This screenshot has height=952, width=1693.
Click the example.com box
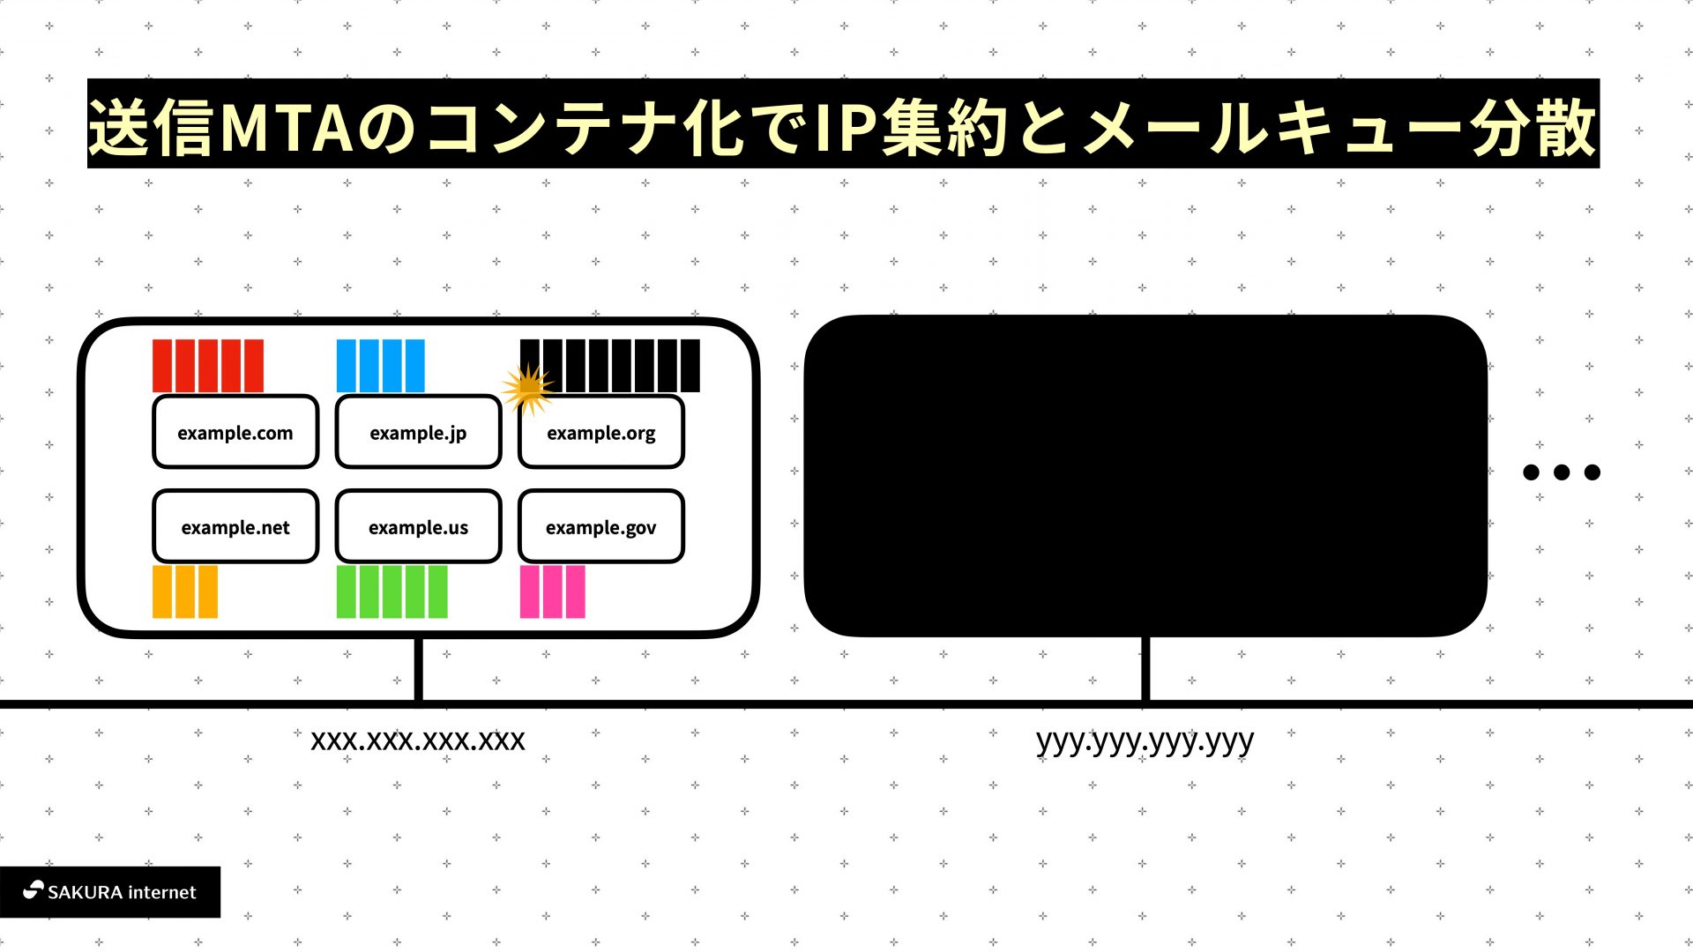(x=235, y=432)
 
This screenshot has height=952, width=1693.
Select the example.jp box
(x=418, y=432)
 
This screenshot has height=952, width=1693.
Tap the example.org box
(x=601, y=432)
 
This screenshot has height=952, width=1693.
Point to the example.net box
(x=235, y=527)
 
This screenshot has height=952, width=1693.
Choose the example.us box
(x=418, y=527)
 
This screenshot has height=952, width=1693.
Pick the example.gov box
(x=601, y=527)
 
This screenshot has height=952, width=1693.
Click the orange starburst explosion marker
(x=528, y=388)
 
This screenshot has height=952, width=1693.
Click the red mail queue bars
(x=208, y=366)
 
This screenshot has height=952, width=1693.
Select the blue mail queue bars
(x=381, y=366)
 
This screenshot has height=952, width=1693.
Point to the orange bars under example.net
(x=185, y=591)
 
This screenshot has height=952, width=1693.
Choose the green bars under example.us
(x=392, y=591)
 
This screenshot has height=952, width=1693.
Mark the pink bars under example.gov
(x=553, y=591)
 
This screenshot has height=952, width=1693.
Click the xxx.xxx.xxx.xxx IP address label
(x=418, y=740)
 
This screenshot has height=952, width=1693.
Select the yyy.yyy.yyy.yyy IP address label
(x=1145, y=740)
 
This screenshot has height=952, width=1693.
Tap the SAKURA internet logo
(x=110, y=892)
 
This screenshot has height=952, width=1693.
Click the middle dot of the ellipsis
(x=1562, y=472)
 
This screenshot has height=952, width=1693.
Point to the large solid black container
(x=1145, y=476)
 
